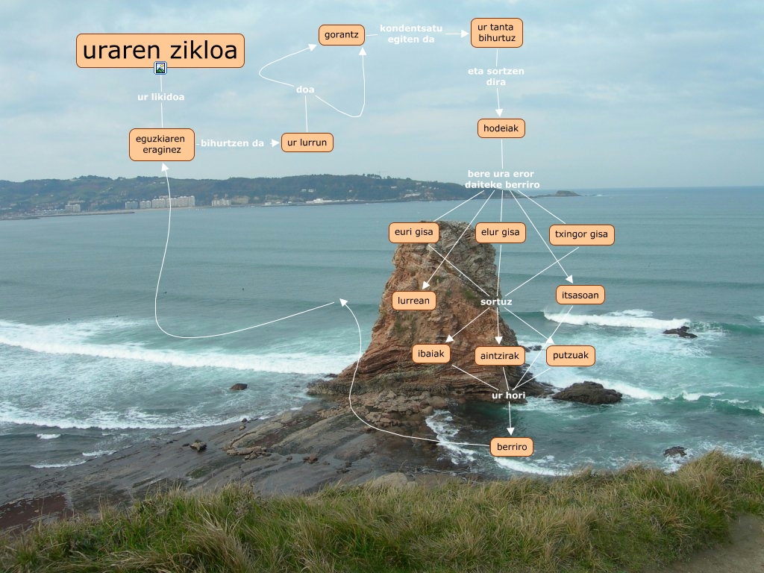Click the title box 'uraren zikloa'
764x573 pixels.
(x=160, y=51)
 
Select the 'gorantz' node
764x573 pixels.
(x=342, y=35)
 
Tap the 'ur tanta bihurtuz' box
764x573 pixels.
(x=496, y=33)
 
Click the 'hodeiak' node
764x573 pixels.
(x=501, y=128)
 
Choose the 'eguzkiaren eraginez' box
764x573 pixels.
(x=162, y=145)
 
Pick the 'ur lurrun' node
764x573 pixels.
(x=307, y=142)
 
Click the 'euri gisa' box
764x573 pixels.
(x=413, y=232)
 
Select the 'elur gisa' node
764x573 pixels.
(x=500, y=232)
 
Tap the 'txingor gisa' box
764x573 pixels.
(x=581, y=234)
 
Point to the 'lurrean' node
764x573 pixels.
(x=413, y=301)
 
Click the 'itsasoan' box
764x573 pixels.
(x=580, y=295)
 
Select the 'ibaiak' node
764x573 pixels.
(x=431, y=354)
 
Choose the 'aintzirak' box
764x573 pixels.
(x=500, y=356)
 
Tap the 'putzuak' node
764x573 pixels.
(x=571, y=356)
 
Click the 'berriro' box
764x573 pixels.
(x=512, y=447)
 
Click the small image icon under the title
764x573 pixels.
(x=160, y=69)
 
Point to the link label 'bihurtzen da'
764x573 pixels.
(x=232, y=143)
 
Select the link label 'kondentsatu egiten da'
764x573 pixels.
(x=411, y=34)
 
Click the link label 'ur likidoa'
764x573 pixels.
(x=160, y=97)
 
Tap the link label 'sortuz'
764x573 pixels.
(x=496, y=301)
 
